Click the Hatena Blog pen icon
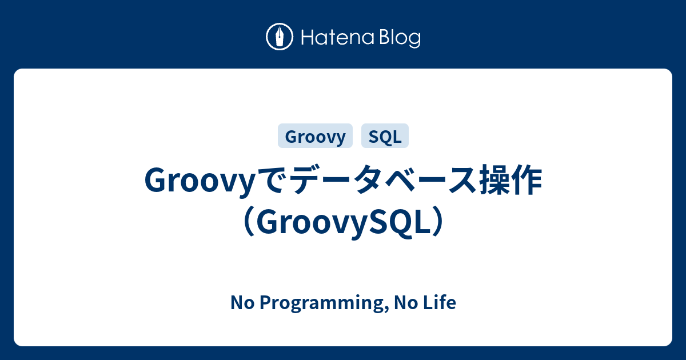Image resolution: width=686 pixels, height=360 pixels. [x=280, y=37]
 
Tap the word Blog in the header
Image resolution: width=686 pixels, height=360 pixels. [x=398, y=38]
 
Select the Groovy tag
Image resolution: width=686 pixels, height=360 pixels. [x=315, y=137]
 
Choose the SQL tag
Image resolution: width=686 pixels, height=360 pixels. [x=385, y=137]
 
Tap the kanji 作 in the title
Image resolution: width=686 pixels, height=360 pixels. [x=527, y=182]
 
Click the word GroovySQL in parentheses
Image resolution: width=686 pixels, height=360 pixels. [x=343, y=223]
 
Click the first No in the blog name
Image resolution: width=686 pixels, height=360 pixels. [x=240, y=303]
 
